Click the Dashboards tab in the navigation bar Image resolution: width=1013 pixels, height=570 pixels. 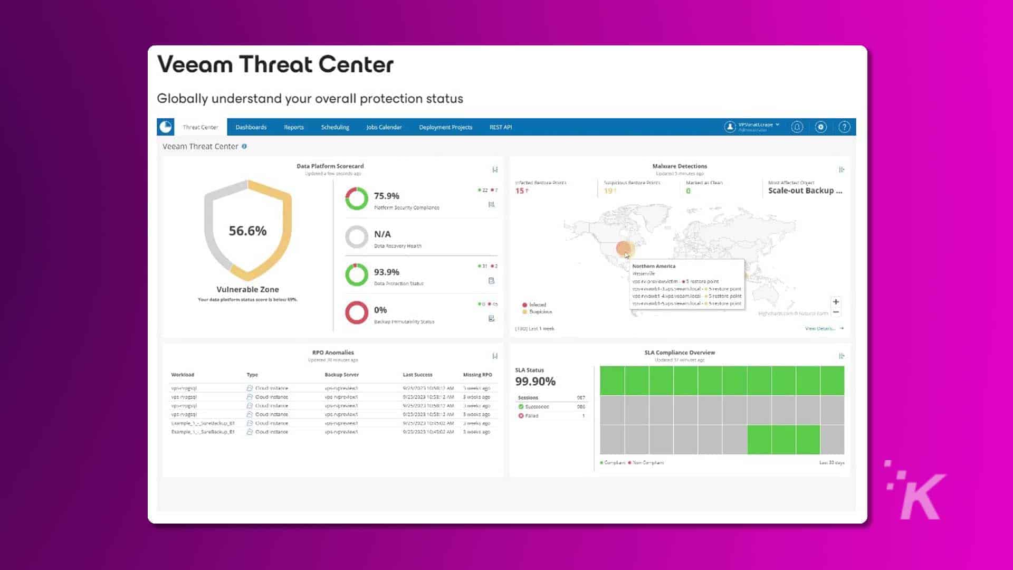tap(251, 127)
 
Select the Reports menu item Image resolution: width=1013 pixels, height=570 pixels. tap(293, 127)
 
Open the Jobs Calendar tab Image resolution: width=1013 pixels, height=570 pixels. tap(384, 127)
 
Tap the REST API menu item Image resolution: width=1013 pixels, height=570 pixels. tap(500, 127)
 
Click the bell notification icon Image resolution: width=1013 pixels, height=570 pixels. tap(797, 127)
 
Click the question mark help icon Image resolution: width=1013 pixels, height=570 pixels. tap(844, 127)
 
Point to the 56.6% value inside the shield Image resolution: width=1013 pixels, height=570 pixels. tap(247, 231)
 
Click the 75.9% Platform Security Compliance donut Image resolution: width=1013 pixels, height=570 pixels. tap(357, 199)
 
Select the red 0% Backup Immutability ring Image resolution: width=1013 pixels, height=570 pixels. tap(357, 312)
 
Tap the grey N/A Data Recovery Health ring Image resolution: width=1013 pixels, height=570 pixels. tap(357, 237)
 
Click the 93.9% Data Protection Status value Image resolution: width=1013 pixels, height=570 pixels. tap(386, 272)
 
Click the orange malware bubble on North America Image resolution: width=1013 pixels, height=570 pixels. tap(624, 248)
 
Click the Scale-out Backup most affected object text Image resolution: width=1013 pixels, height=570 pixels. tap(805, 191)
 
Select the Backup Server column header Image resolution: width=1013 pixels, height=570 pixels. tap(341, 375)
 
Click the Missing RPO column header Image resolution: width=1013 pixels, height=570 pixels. tap(477, 375)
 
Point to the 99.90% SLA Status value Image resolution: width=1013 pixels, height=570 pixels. tap(535, 381)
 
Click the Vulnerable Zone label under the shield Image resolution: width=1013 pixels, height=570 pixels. tap(247, 289)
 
